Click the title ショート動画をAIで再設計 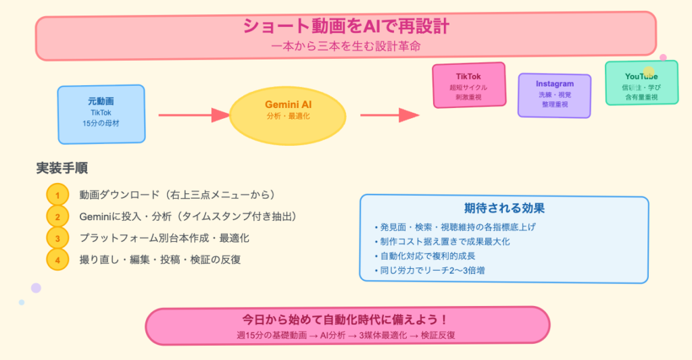(346, 26)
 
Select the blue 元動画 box (101, 114)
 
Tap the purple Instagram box (554, 95)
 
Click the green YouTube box (641, 83)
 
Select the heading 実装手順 (62, 168)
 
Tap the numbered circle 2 (57, 217)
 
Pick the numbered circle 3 (57, 238)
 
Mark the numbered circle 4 (57, 259)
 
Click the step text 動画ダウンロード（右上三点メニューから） (176, 195)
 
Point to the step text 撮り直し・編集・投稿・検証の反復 (160, 259)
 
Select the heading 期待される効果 (504, 208)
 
